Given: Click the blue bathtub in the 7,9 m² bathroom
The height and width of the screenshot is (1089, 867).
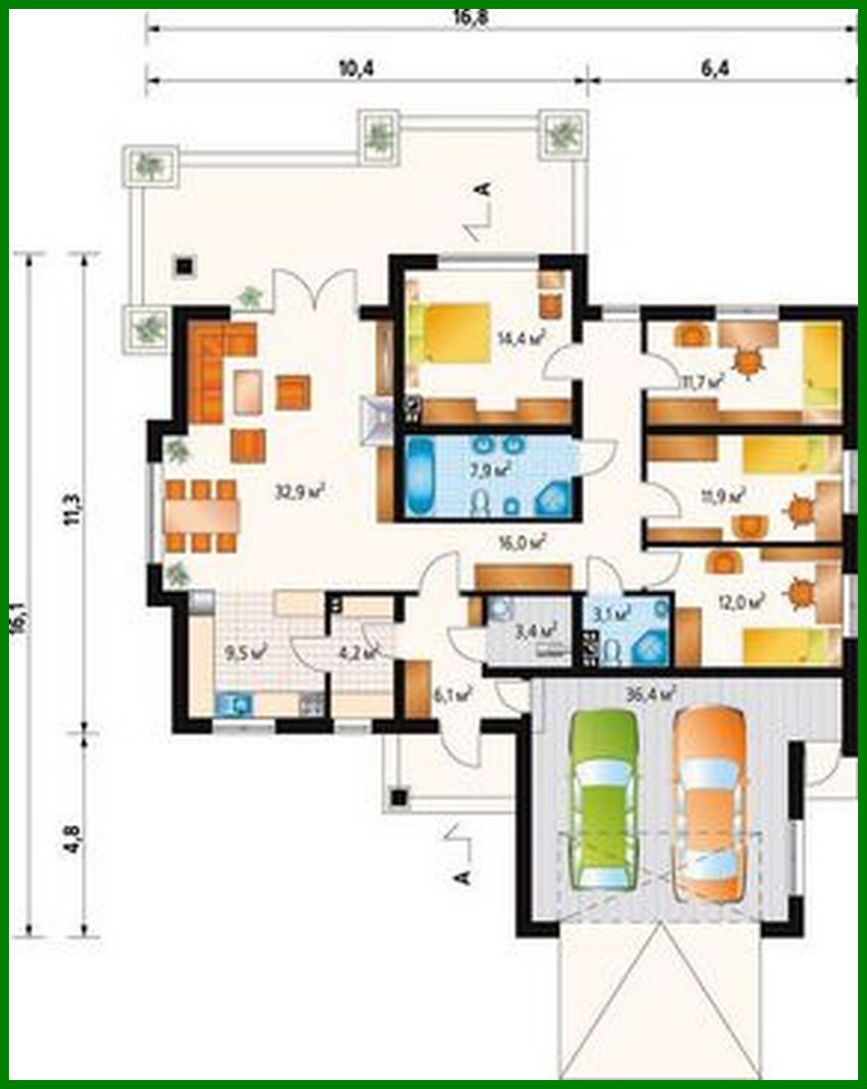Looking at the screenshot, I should (x=429, y=479).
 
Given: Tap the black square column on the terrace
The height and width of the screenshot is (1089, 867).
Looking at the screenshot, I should (x=184, y=265).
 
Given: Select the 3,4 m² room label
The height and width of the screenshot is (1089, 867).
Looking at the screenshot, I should (x=537, y=628).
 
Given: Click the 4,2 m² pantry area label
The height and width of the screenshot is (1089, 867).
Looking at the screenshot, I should (x=357, y=653).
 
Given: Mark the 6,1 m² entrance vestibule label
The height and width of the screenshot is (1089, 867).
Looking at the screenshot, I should (x=451, y=695).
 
